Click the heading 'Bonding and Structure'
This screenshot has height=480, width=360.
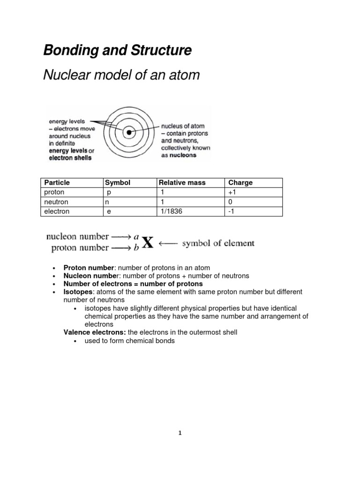[x=117, y=51]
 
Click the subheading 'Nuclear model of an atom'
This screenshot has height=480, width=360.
[x=121, y=75]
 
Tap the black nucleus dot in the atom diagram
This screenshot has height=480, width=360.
[x=129, y=133]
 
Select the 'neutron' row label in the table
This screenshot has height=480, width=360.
[x=55, y=202]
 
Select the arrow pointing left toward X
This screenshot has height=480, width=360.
[x=169, y=243]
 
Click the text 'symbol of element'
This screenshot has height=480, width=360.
[x=218, y=243]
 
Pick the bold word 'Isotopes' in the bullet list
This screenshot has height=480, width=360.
[x=77, y=292]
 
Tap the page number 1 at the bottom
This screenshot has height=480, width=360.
[x=180, y=433]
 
